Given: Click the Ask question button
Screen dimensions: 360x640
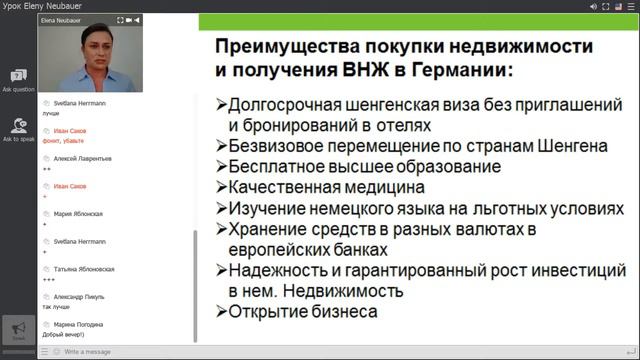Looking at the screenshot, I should pos(18,79).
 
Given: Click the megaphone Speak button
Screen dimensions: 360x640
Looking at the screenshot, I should pos(18,330).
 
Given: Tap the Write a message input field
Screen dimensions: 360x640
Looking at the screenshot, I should pos(120,352).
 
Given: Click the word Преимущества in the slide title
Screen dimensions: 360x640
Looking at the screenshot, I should pos(285,46).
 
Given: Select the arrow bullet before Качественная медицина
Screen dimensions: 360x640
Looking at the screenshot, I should pos(221,187).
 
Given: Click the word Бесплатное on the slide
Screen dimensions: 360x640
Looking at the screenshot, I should pos(277,166).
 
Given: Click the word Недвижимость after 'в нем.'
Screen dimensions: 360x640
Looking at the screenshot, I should pos(341,291).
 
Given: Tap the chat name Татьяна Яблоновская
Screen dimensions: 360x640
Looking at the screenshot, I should pos(84,269).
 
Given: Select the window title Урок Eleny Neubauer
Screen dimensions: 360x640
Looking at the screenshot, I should pos(44,6).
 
